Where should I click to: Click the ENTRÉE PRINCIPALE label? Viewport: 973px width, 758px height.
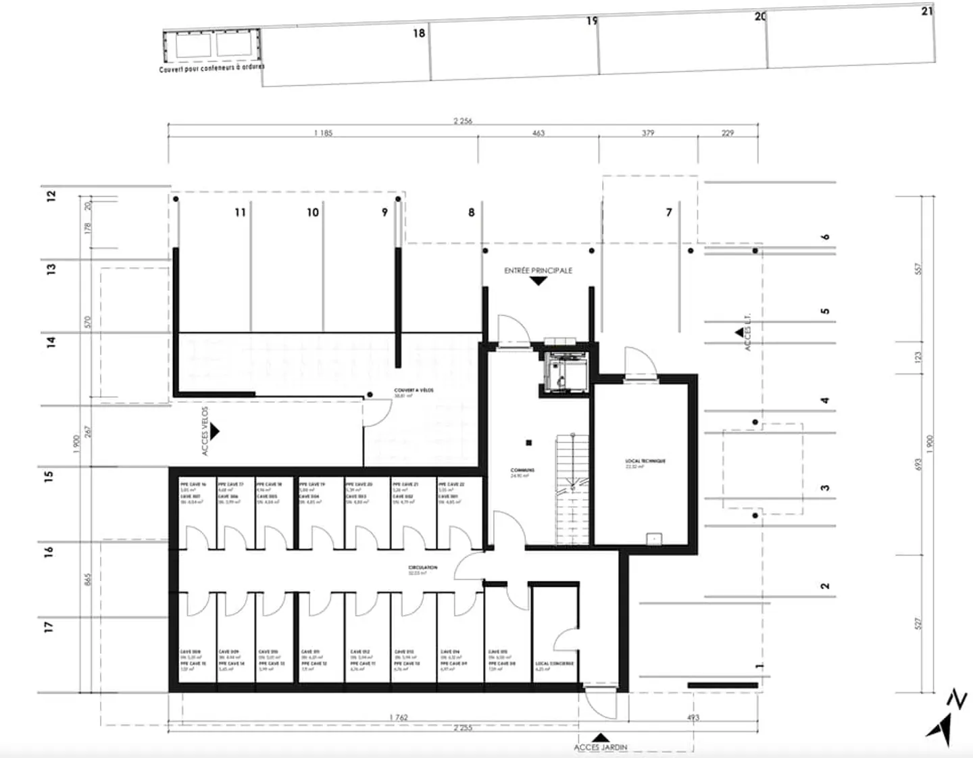coord(538,270)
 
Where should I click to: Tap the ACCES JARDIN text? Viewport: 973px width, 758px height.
coord(600,747)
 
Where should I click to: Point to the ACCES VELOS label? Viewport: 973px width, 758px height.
coord(205,431)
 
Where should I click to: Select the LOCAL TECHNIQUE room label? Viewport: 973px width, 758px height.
coord(645,461)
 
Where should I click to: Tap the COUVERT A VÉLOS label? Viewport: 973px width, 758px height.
coord(414,390)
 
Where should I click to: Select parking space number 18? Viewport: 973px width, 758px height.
coord(419,33)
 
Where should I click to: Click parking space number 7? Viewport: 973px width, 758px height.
coord(669,212)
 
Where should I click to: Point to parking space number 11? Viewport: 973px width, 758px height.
coord(240,212)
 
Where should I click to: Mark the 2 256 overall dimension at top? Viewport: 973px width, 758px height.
coord(463,121)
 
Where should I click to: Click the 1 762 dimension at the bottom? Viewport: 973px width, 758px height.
coord(399,717)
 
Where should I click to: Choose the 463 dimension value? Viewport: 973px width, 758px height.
coord(538,133)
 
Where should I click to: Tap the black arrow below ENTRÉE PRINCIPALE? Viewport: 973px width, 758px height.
coord(538,280)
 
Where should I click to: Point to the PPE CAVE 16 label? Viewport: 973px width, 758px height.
coord(193,484)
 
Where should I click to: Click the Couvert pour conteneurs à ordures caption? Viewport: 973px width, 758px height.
coord(211,68)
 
